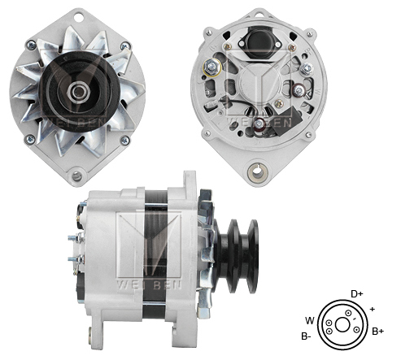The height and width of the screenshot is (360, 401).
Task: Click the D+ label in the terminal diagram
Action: pyautogui.click(x=356, y=293)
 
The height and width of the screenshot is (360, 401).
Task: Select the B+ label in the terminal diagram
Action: pyautogui.click(x=377, y=331)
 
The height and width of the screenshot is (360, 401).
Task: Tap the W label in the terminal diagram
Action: pyautogui.click(x=308, y=319)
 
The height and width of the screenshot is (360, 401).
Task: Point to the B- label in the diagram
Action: pyautogui.click(x=307, y=336)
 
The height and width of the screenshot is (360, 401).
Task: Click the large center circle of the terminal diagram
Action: pyautogui.click(x=342, y=323)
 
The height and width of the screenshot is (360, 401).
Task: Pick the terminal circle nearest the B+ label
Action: pyautogui.click(x=357, y=328)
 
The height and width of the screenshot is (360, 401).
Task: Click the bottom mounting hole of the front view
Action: pyautogui.click(x=78, y=175)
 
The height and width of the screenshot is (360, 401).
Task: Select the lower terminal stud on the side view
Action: pyautogui.click(x=72, y=260)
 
